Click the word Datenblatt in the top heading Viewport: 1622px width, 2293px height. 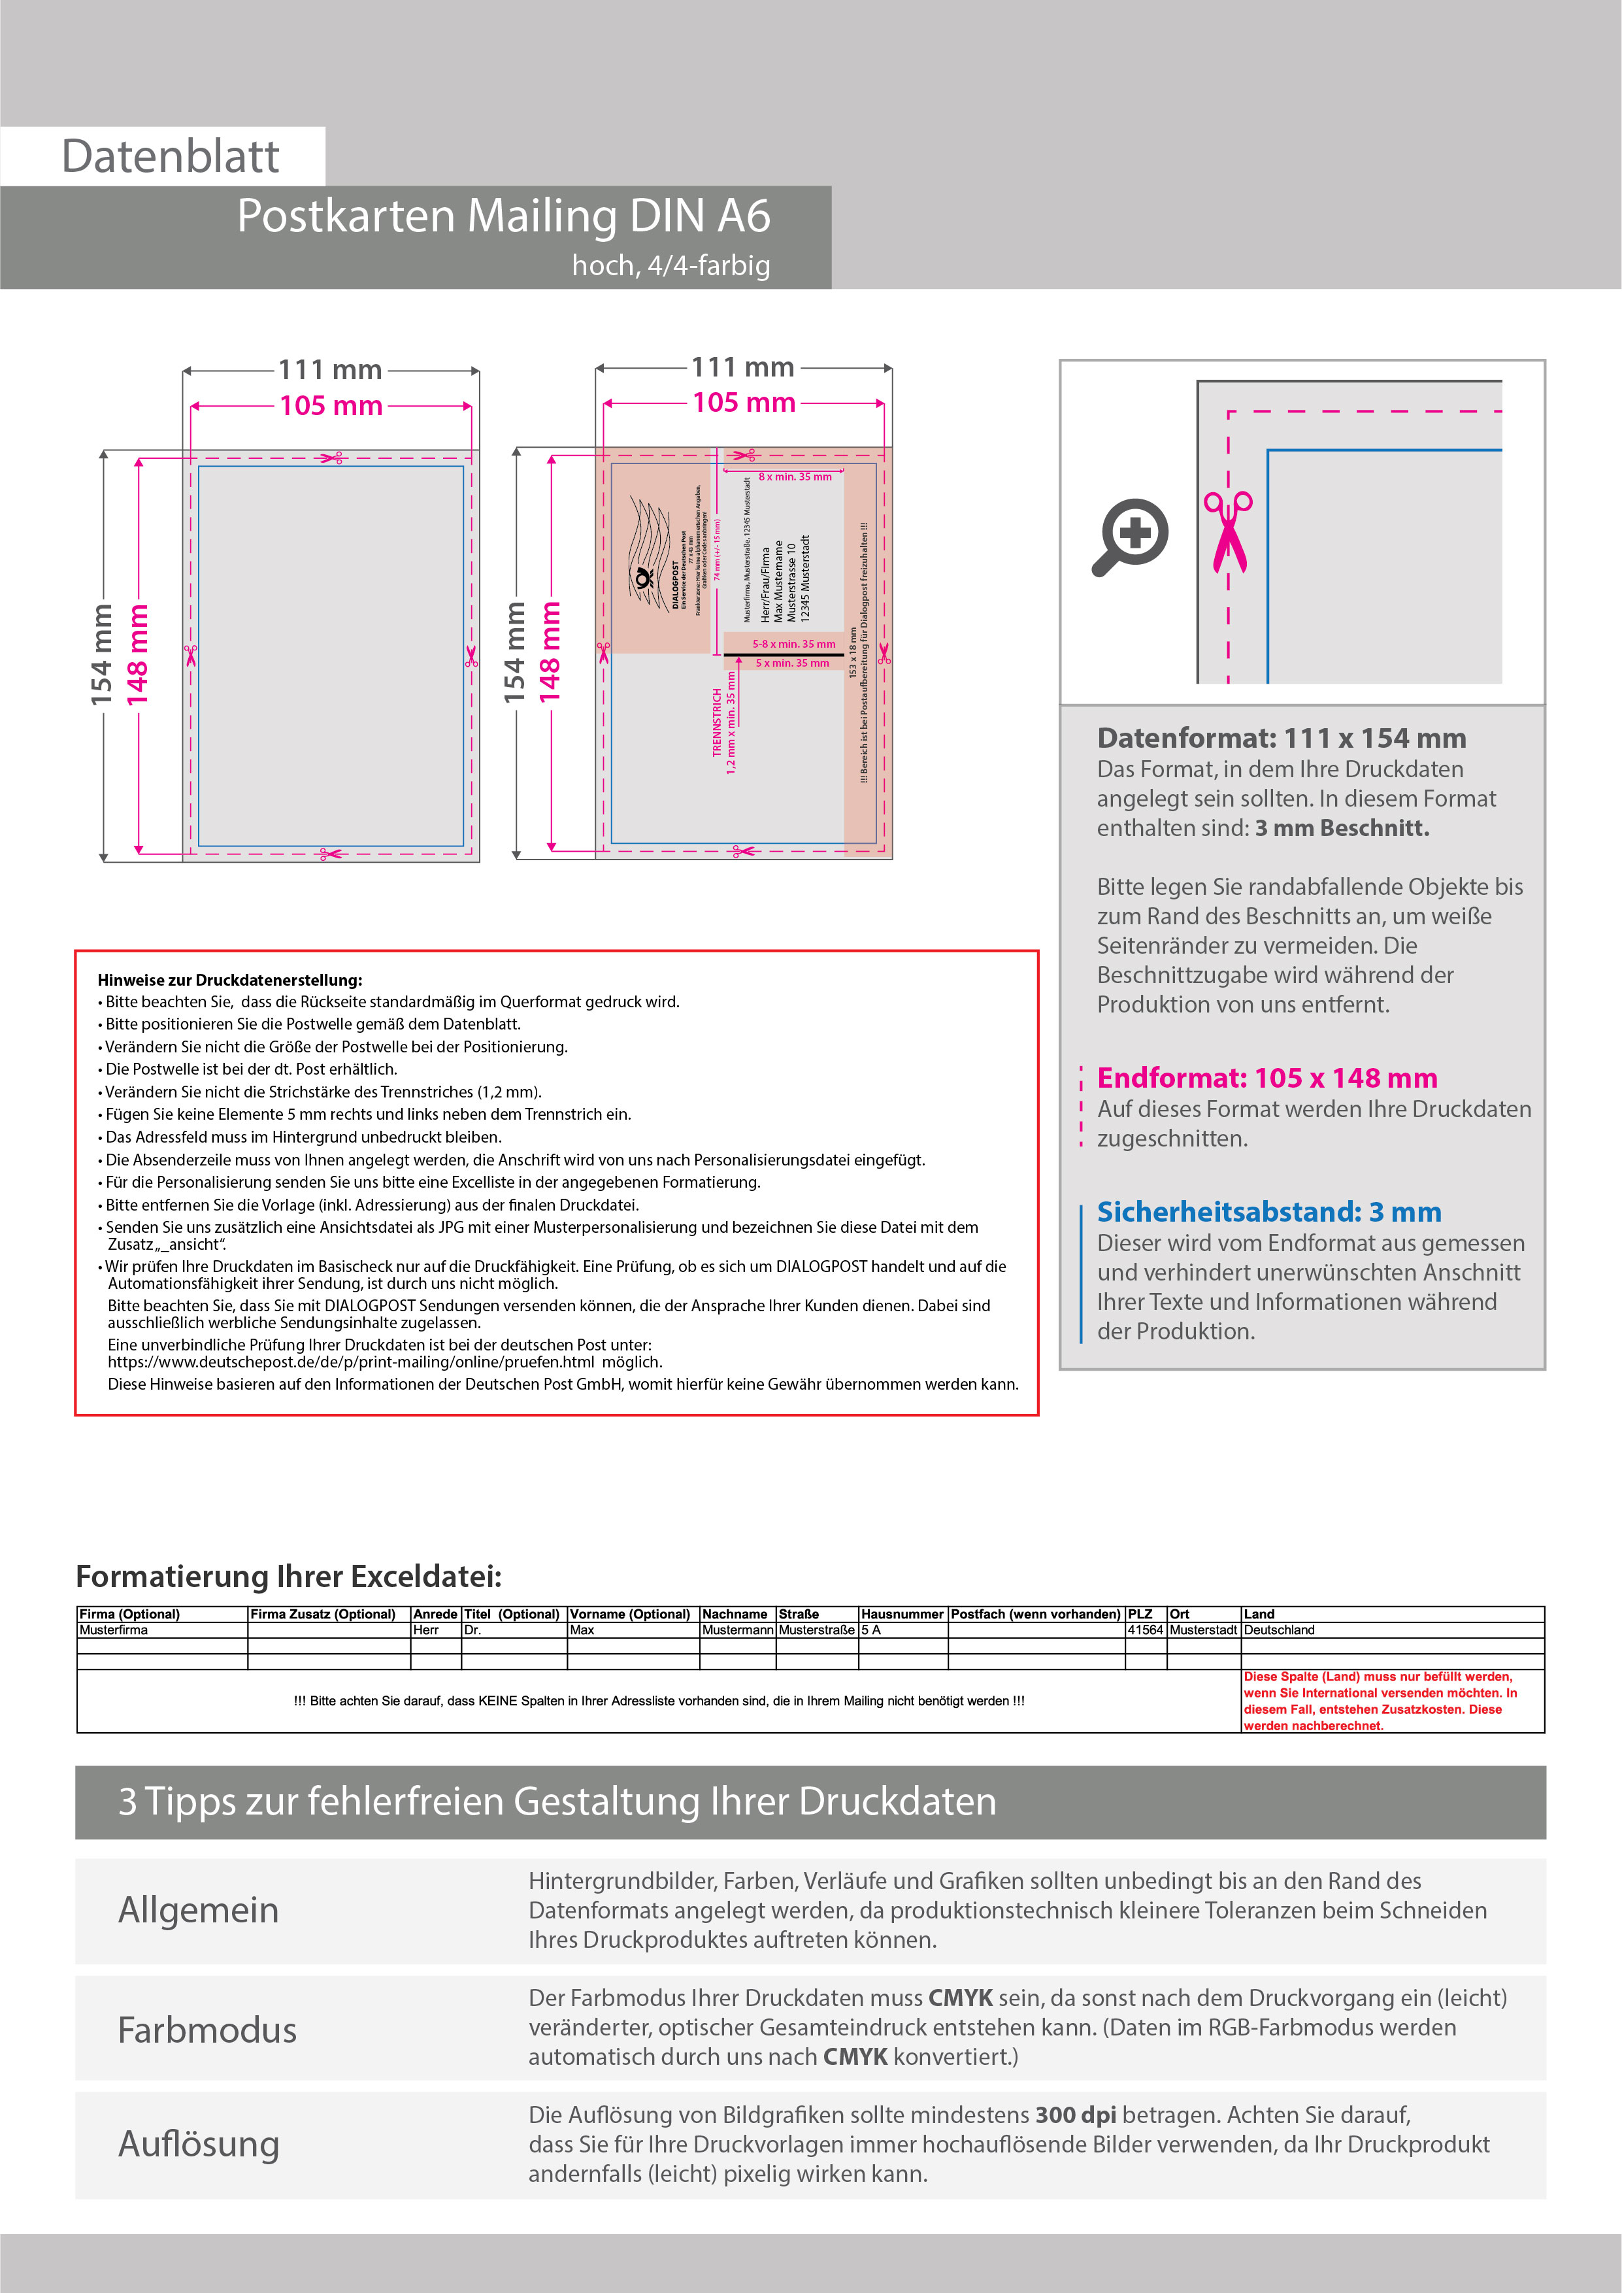click(170, 157)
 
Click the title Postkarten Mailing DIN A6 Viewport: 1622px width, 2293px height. click(503, 216)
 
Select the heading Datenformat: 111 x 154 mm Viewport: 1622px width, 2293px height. click(1282, 738)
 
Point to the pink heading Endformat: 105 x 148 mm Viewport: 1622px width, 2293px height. click(1266, 1078)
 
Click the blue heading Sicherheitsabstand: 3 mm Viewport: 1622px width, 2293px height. click(1268, 1211)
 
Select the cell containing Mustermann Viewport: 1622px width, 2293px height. click(737, 1630)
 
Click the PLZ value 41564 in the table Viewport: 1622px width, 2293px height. click(1144, 1630)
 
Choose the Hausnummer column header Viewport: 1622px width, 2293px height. click(902, 1614)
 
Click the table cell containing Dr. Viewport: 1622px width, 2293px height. click(472, 1630)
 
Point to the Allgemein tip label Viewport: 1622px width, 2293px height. click(199, 1909)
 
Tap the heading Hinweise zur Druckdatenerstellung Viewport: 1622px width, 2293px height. click(230, 980)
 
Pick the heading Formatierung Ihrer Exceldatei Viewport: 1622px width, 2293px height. click(289, 1576)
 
